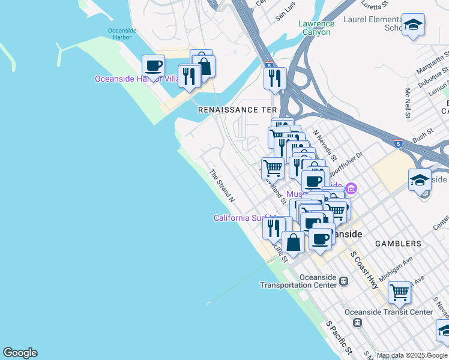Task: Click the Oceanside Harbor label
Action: (x=122, y=35)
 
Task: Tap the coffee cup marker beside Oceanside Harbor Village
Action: (x=154, y=65)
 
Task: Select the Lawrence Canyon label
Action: (x=316, y=28)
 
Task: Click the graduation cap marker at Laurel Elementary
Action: (x=413, y=25)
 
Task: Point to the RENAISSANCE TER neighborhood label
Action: (x=238, y=110)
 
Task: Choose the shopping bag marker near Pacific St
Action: (x=294, y=243)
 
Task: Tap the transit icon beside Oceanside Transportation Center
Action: (x=344, y=281)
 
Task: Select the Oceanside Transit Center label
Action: (x=388, y=312)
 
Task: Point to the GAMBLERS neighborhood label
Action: (x=398, y=244)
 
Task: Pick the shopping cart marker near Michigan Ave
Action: (x=399, y=293)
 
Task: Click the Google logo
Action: (x=20, y=353)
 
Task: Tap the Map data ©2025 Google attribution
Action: (x=412, y=356)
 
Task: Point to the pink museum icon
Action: (x=352, y=190)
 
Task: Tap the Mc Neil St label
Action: (x=409, y=103)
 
